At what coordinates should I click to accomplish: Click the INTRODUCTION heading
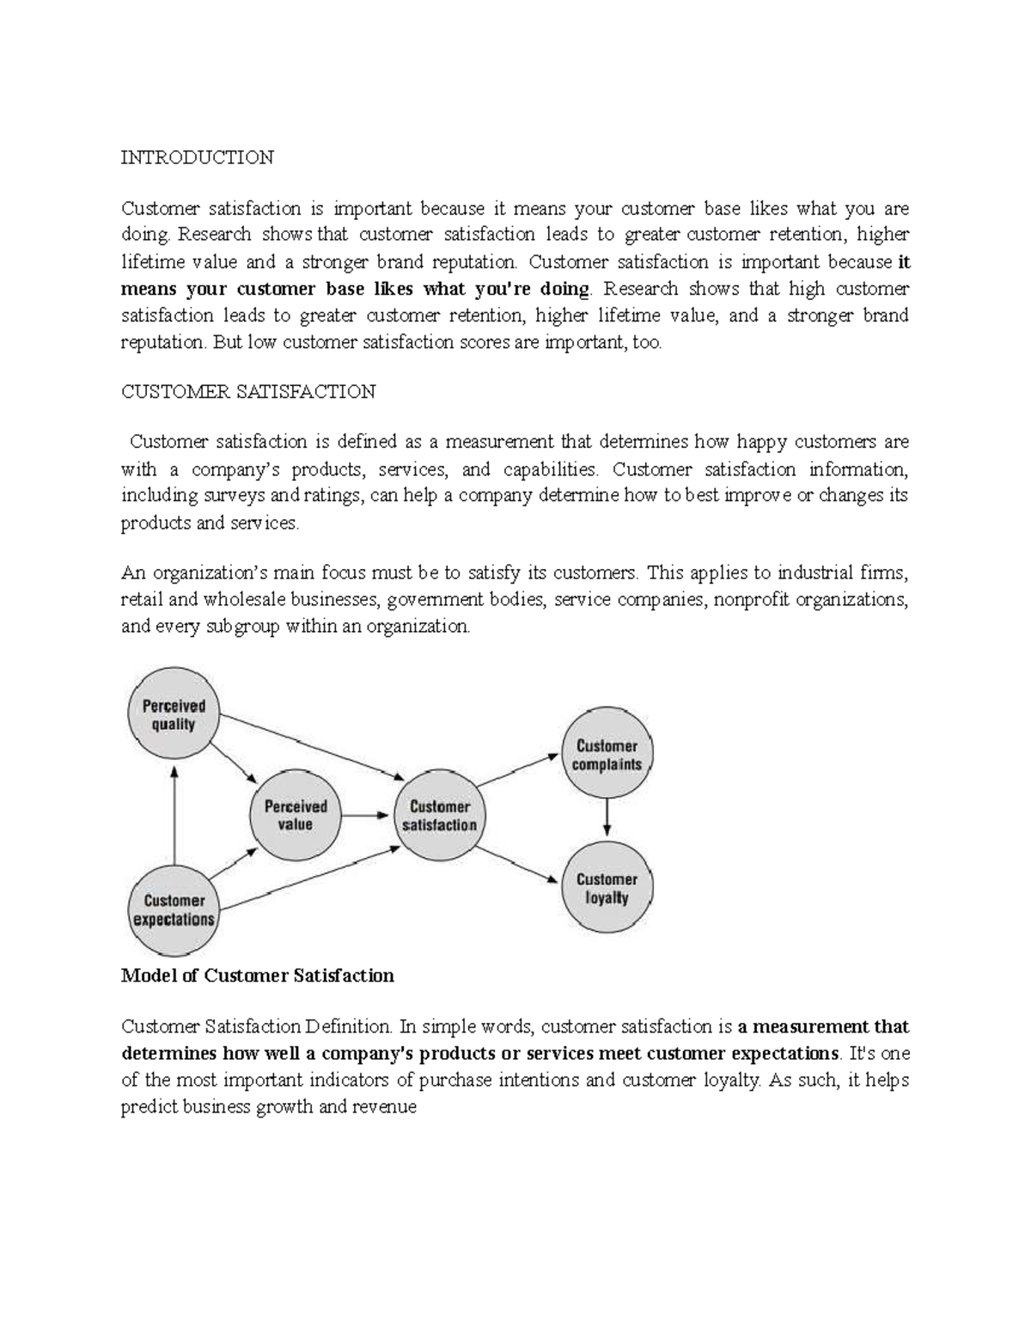pyautogui.click(x=197, y=157)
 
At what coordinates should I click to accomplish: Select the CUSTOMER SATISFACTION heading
pyautogui.click(x=248, y=392)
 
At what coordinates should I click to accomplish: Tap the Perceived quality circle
pyautogui.click(x=174, y=714)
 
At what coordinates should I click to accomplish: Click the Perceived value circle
pyautogui.click(x=296, y=815)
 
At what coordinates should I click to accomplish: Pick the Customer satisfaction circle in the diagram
pyautogui.click(x=439, y=815)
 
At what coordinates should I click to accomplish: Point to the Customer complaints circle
pyautogui.click(x=607, y=755)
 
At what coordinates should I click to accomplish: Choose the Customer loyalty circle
pyautogui.click(x=607, y=888)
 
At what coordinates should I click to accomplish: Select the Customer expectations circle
pyautogui.click(x=174, y=909)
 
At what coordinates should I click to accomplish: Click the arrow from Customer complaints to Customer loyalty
pyautogui.click(x=607, y=816)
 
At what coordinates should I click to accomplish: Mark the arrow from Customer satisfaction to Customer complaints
pyautogui.click(x=518, y=770)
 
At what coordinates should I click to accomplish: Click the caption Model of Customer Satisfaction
pyautogui.click(x=258, y=976)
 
